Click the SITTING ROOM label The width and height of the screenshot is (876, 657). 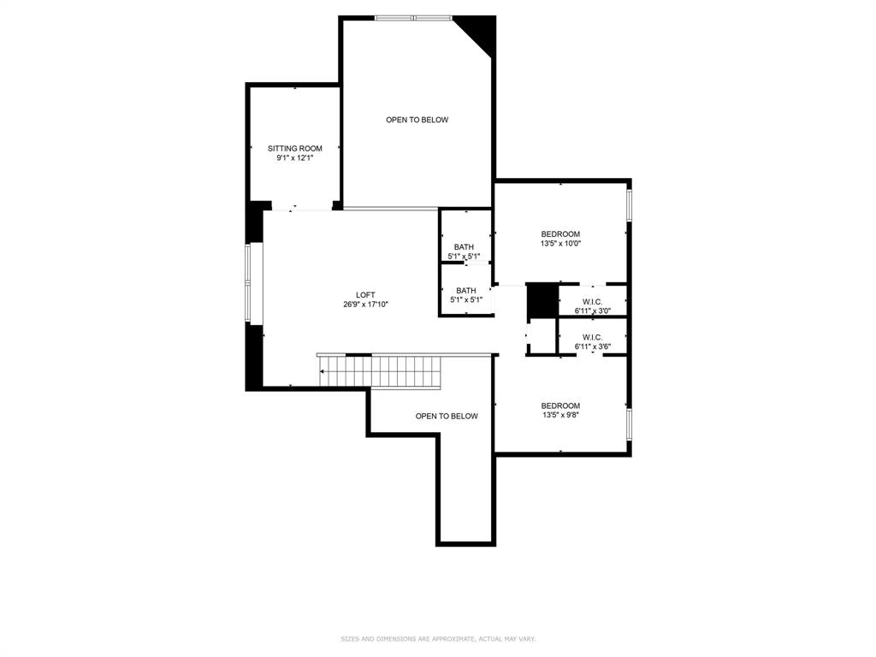click(295, 148)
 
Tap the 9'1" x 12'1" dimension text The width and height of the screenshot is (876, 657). click(295, 158)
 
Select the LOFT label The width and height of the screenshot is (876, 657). click(365, 295)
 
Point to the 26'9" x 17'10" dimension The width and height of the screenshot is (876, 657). click(365, 305)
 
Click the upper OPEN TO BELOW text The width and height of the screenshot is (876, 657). click(417, 120)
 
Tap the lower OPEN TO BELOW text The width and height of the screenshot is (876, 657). click(447, 416)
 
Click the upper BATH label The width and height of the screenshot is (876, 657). click(465, 247)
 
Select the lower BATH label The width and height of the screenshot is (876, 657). click(466, 290)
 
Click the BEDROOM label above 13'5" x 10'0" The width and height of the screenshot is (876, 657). click(560, 234)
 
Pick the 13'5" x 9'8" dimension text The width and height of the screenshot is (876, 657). click(560, 415)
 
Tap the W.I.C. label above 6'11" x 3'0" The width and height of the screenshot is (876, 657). click(593, 301)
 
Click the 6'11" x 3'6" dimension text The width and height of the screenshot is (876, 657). click(593, 346)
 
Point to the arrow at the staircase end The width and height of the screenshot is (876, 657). click(323, 372)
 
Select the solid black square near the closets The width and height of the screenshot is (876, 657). click(541, 300)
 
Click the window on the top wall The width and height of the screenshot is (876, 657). click(414, 18)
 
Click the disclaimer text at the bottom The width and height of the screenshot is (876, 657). click(438, 639)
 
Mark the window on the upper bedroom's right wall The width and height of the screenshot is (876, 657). click(629, 205)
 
